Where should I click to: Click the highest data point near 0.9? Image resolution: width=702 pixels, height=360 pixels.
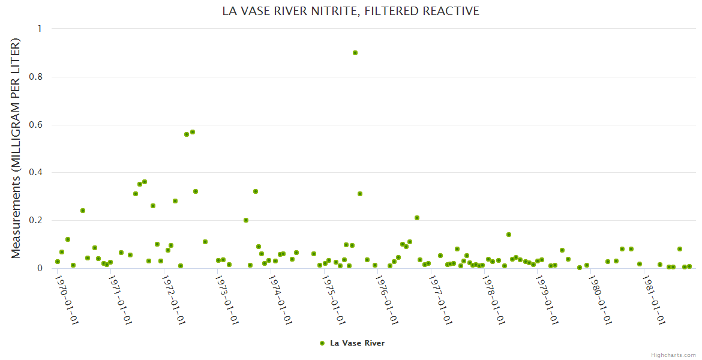coord(355,53)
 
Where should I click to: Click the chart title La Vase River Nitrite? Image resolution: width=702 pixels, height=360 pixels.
coord(351,11)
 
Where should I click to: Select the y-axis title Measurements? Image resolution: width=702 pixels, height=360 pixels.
coord(16,148)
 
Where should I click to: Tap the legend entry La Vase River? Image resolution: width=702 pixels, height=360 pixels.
coord(352,343)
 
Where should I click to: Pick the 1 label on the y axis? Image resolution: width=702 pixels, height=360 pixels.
coord(40,29)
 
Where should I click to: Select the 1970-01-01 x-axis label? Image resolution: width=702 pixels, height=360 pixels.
coord(67,298)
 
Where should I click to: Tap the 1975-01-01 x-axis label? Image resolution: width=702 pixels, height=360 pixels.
coord(334,298)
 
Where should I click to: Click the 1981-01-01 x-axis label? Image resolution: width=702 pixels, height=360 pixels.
coord(653,298)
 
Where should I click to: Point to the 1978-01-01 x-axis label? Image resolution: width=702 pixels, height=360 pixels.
coord(494,298)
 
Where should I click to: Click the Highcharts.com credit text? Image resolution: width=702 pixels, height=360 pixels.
coord(673,355)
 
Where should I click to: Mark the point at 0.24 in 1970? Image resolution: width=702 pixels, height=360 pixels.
coord(83,211)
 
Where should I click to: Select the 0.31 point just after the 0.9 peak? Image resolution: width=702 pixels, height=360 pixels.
coord(360,194)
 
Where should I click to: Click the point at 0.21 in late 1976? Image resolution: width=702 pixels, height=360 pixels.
coord(417,218)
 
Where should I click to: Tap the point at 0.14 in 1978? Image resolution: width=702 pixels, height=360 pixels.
coord(509,235)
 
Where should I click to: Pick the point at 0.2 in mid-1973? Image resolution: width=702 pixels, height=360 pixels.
coord(246,220)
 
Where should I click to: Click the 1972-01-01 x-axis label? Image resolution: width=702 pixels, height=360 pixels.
coord(174,298)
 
